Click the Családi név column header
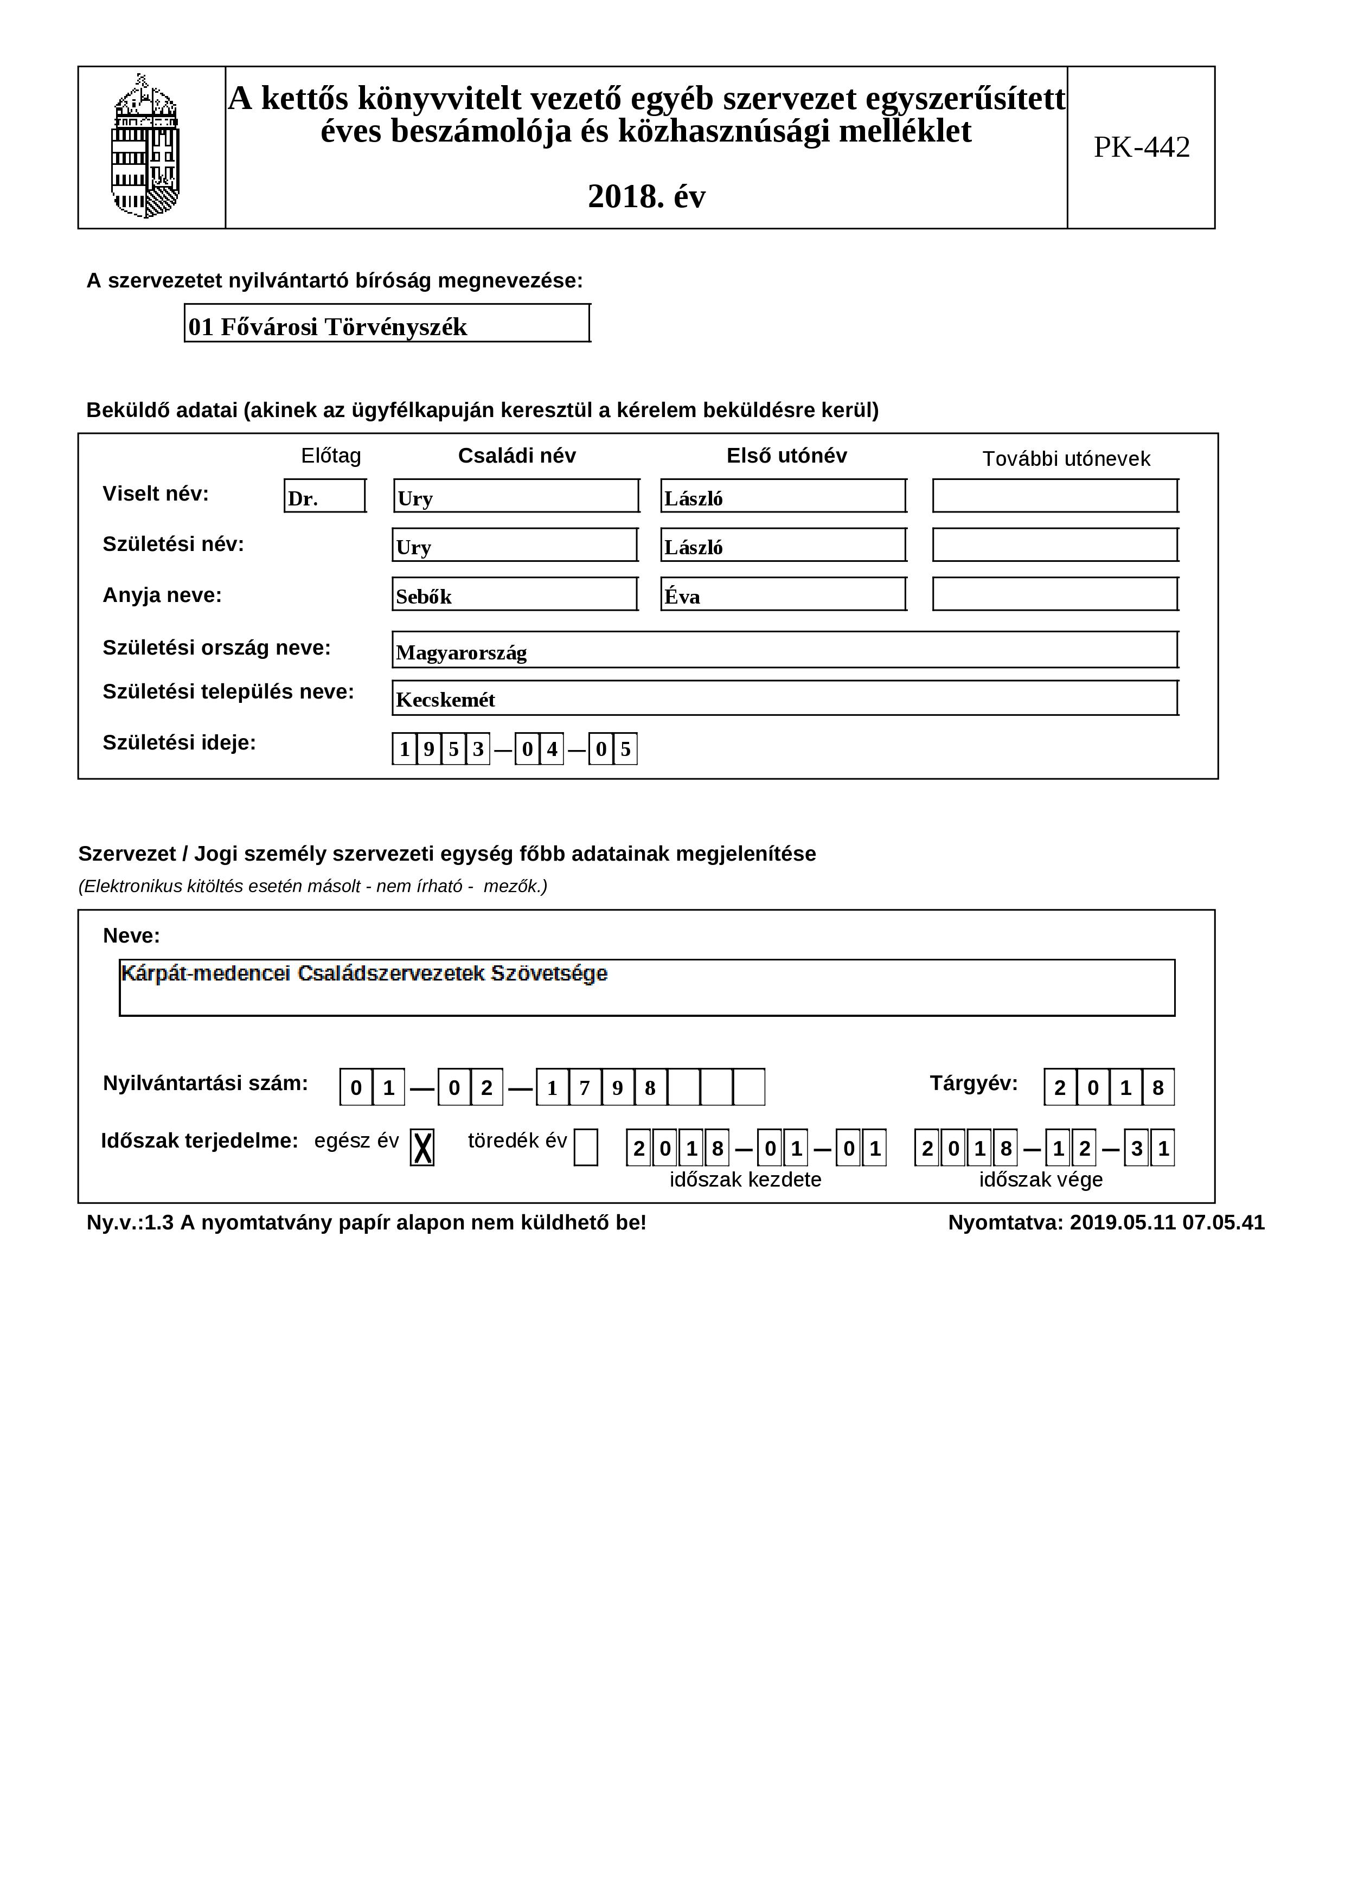pyautogui.click(x=516, y=456)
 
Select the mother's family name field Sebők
pyautogui.click(x=515, y=595)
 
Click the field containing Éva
pyautogui.click(x=783, y=595)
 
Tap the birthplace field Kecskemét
pyautogui.click(x=784, y=699)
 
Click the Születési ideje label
pyautogui.click(x=179, y=742)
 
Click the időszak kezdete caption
pyautogui.click(x=745, y=1180)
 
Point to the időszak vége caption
pyautogui.click(x=1041, y=1180)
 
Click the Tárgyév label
pyautogui.click(x=973, y=1084)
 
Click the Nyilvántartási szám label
pyautogui.click(x=204, y=1084)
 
